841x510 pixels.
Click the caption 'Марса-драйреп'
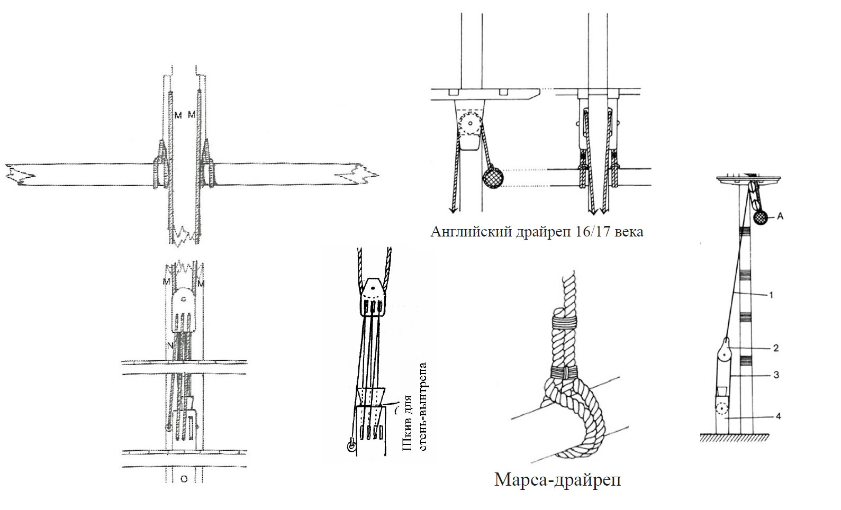pos(557,480)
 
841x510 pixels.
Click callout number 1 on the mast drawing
pos(771,295)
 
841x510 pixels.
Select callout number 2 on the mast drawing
pos(776,348)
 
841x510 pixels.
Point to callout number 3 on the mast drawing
pos(776,375)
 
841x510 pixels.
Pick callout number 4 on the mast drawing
pos(779,416)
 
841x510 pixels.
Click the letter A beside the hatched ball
pos(780,216)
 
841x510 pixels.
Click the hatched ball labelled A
pos(761,217)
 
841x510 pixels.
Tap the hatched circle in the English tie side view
pos(493,178)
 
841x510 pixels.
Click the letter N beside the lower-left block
pos(170,345)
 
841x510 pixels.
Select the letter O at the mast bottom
pos(184,479)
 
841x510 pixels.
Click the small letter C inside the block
pos(183,299)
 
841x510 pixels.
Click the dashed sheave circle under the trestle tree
pos(470,123)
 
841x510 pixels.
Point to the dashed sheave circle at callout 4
pos(721,408)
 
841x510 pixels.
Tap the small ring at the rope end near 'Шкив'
pos(352,447)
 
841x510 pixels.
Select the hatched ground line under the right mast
pos(735,438)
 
